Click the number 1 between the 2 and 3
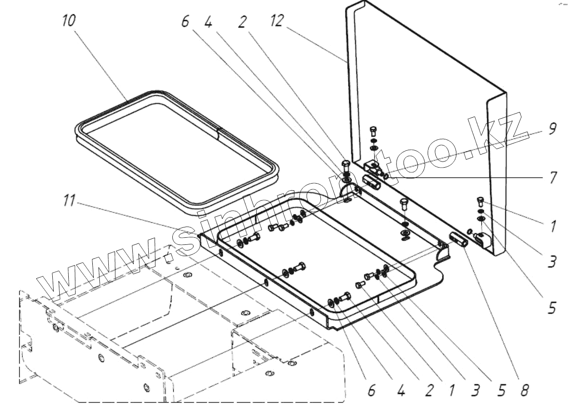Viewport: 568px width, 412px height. point(451,390)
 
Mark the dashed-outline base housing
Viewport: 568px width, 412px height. point(179,339)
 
